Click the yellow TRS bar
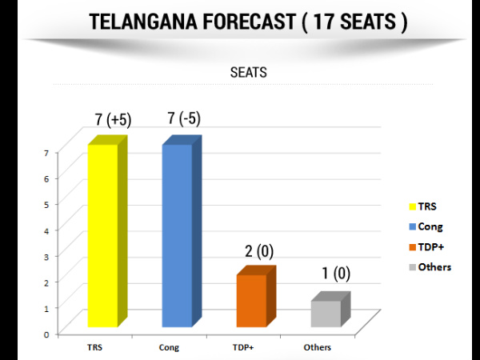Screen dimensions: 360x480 102,235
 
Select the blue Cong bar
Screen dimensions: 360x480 177,235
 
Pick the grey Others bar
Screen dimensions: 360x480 326,314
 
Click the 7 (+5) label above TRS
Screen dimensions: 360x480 113,120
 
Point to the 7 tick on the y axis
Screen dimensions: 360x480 47,153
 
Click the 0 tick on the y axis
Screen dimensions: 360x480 47,333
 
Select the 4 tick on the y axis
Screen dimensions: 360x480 47,230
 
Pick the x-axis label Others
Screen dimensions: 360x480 318,348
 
